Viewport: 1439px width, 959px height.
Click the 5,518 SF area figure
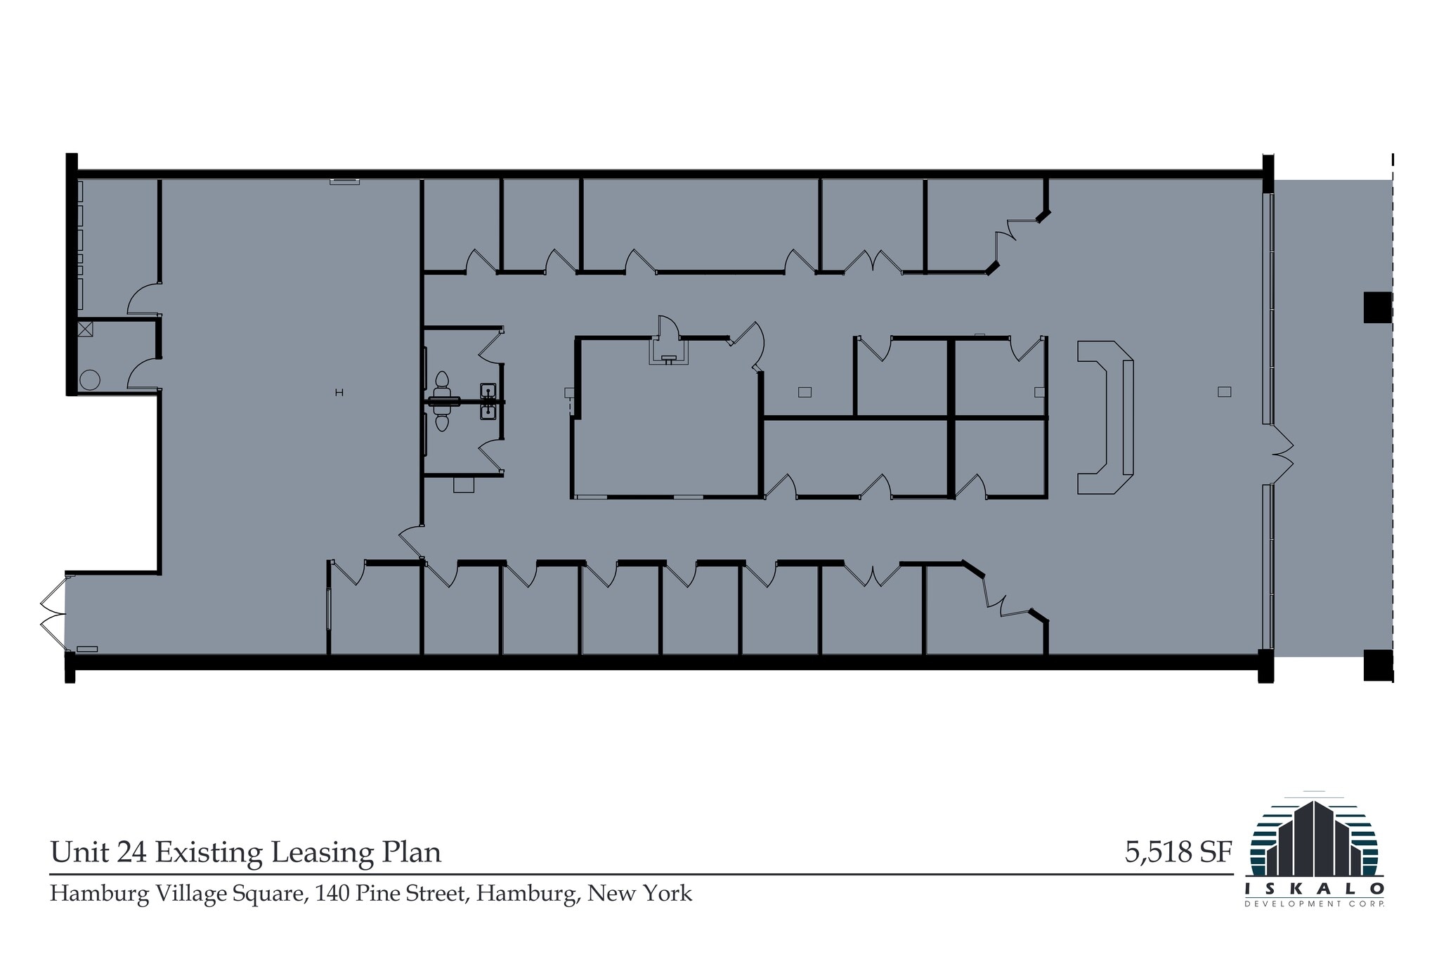click(x=1178, y=852)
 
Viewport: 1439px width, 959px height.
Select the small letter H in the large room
click(x=339, y=393)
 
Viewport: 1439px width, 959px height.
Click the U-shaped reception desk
click(x=1105, y=418)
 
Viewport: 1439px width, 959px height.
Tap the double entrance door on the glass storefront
click(x=1282, y=455)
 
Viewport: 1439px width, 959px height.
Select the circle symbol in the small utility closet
click(x=90, y=380)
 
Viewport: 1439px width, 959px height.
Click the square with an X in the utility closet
click(x=85, y=329)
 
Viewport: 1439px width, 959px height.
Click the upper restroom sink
click(x=488, y=390)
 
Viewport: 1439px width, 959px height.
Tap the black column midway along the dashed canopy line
click(x=1377, y=307)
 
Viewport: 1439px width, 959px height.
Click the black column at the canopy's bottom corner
click(x=1377, y=665)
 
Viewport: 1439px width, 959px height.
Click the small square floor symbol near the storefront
click(x=1224, y=392)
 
